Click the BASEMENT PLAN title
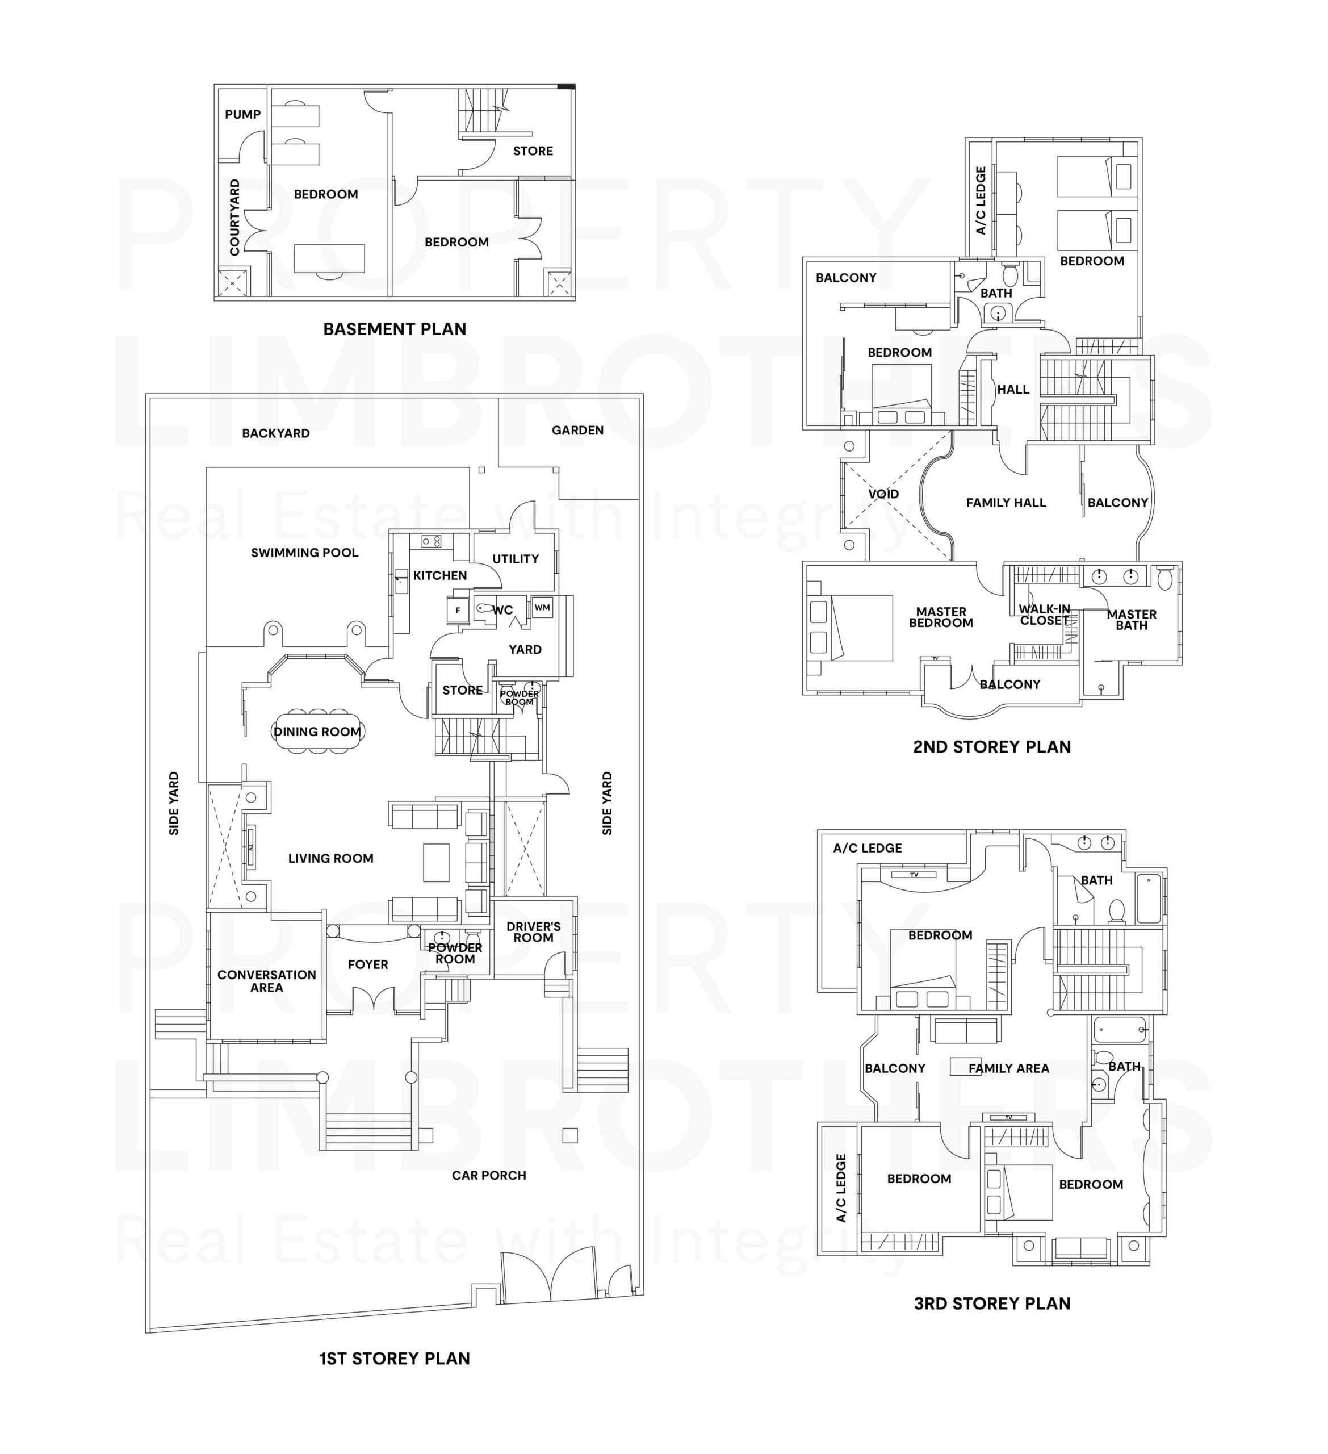coord(395,329)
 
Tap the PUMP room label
coord(242,115)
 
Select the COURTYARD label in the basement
coord(234,217)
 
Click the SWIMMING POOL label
coord(304,553)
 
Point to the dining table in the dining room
coord(318,732)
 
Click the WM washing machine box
coord(542,607)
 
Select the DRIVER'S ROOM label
coord(534,932)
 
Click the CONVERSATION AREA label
coord(267,981)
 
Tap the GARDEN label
coord(577,431)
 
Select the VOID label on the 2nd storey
coord(883,494)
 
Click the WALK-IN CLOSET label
coord(1044,615)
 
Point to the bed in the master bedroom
coord(851,628)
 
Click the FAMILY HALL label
coord(1006,503)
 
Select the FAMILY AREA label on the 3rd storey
coord(1008,1068)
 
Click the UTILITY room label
coord(516,559)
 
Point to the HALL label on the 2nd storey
coord(1013,390)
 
